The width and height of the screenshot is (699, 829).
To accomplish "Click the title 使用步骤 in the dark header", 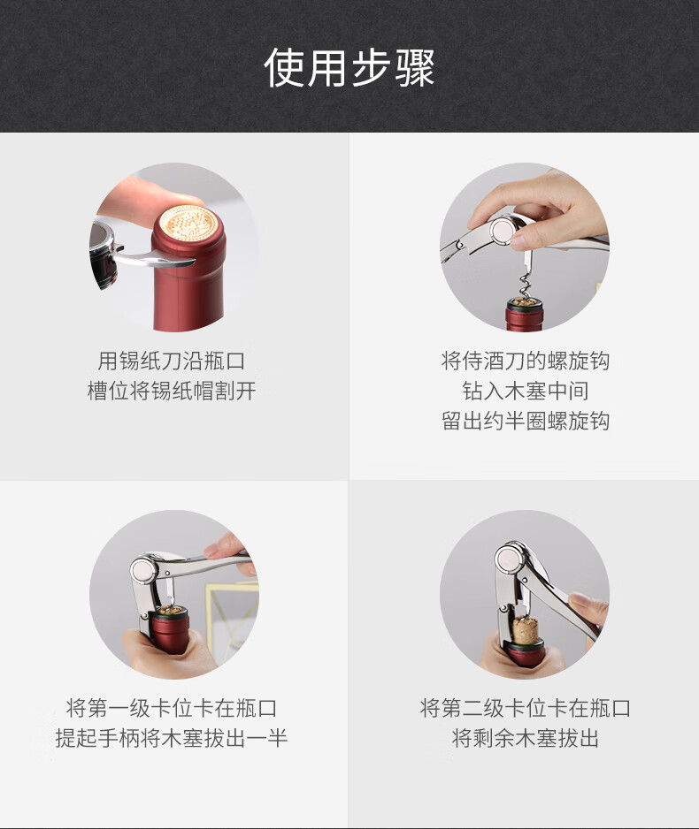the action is pyautogui.click(x=349, y=67).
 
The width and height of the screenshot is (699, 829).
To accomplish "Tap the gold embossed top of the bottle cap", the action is pyautogui.click(x=188, y=225).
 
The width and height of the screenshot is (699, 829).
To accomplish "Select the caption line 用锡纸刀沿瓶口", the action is pyautogui.click(x=172, y=361).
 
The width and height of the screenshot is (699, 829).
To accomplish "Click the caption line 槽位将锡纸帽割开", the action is pyautogui.click(x=172, y=392).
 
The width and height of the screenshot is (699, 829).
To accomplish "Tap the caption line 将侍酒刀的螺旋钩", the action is pyautogui.click(x=525, y=361).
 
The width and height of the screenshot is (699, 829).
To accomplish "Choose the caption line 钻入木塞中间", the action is pyautogui.click(x=525, y=392).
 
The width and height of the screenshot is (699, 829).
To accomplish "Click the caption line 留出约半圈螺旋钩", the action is pyautogui.click(x=525, y=422).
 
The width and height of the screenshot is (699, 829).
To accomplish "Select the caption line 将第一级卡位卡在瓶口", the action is pyautogui.click(x=172, y=708).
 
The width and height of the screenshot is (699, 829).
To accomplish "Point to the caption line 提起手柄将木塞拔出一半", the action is pyautogui.click(x=172, y=738).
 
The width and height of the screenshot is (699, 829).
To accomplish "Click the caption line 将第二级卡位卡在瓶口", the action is pyautogui.click(x=525, y=708).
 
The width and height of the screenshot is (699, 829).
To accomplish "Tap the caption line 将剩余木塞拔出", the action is pyautogui.click(x=525, y=738).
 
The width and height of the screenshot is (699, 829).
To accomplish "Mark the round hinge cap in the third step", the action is pyautogui.click(x=142, y=571).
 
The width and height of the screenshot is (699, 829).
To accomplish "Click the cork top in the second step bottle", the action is pyautogui.click(x=525, y=303).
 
